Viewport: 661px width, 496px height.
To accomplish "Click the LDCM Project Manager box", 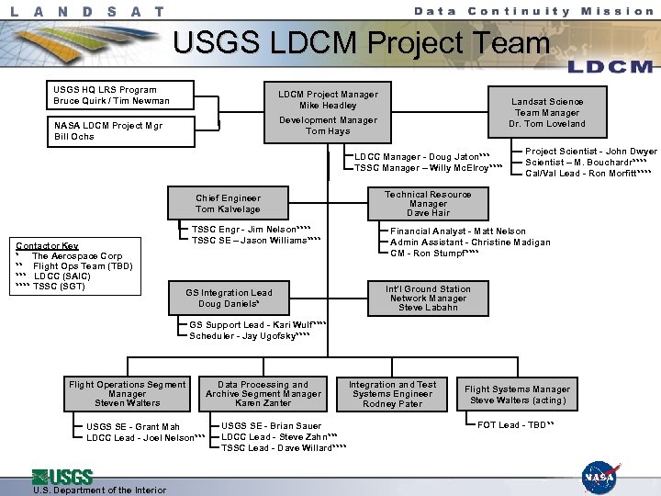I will [x=328, y=112].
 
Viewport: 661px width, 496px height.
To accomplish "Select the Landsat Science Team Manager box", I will [x=547, y=112].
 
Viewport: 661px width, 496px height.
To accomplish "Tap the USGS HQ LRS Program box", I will [x=111, y=96].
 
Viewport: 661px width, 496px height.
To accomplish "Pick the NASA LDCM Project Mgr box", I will [x=111, y=130].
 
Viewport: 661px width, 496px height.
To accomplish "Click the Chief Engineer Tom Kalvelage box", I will [x=228, y=203].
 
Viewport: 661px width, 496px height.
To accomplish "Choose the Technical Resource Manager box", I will [x=428, y=203].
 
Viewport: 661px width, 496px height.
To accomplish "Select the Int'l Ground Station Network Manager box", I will [x=428, y=298].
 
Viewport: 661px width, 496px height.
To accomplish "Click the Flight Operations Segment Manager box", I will [x=127, y=393].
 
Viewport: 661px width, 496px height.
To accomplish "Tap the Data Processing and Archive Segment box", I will [x=263, y=393].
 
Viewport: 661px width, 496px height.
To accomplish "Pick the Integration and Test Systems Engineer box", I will [x=392, y=393].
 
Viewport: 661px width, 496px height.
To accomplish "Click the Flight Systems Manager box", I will [x=517, y=394].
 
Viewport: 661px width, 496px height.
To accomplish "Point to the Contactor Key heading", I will [x=47, y=246].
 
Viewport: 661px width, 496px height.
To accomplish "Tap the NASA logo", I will [x=601, y=477].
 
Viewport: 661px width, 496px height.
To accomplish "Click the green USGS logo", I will [x=62, y=476].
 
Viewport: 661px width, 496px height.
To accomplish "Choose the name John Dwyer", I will [x=631, y=152].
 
